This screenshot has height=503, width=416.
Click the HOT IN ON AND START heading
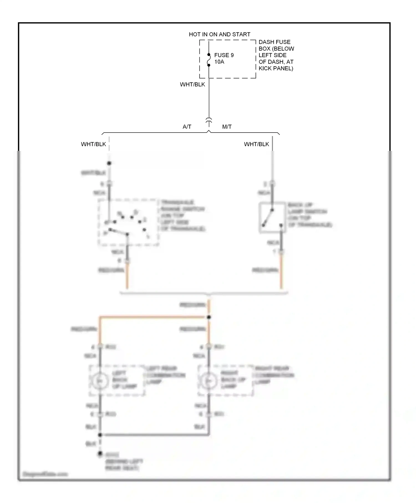219,34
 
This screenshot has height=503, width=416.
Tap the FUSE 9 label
224,55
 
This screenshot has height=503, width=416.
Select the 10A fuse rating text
219,62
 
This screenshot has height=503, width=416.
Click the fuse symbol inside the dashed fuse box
209,60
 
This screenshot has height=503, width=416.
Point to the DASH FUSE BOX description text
276,55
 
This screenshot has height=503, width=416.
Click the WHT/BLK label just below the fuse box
192,84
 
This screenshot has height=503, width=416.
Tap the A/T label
187,127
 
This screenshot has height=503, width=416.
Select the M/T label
227,127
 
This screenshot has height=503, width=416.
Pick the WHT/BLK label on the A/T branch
93,144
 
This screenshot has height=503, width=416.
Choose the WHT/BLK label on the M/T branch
256,144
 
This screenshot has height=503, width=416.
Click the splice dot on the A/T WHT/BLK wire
109,163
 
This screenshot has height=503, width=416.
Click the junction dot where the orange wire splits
209,317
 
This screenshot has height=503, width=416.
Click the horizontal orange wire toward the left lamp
153,316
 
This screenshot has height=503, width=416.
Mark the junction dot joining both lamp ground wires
100,435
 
